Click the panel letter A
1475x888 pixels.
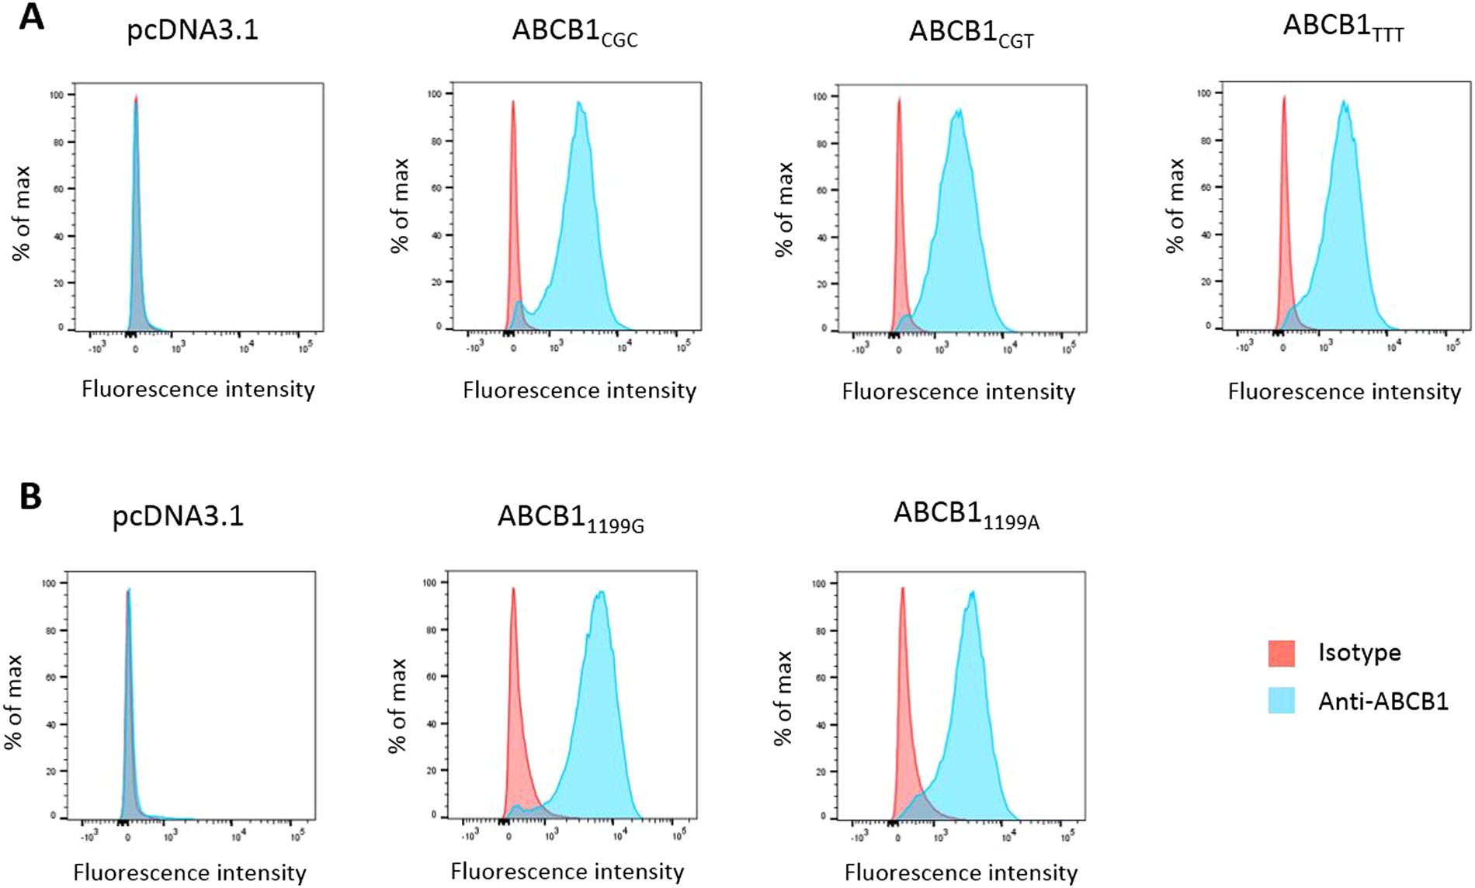(31, 17)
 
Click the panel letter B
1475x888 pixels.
(30, 497)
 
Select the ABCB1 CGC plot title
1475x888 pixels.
(574, 32)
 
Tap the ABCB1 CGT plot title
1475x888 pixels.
(970, 33)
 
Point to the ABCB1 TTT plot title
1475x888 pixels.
(1343, 27)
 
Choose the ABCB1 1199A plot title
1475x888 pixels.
(966, 515)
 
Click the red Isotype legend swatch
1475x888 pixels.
(1281, 654)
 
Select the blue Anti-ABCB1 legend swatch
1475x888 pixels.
(1281, 701)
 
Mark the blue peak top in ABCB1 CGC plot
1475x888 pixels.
(579, 102)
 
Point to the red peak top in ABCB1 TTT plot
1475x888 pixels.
(1284, 97)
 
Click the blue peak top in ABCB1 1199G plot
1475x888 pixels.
(600, 593)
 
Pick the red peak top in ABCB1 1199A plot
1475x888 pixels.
(902, 588)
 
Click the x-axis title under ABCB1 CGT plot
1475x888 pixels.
(958, 392)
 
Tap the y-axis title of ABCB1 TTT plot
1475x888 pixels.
(1175, 206)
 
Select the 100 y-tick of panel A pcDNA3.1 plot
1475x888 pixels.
(58, 95)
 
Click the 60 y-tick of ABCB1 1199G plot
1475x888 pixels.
(431, 676)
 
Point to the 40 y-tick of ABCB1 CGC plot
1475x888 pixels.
(437, 235)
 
